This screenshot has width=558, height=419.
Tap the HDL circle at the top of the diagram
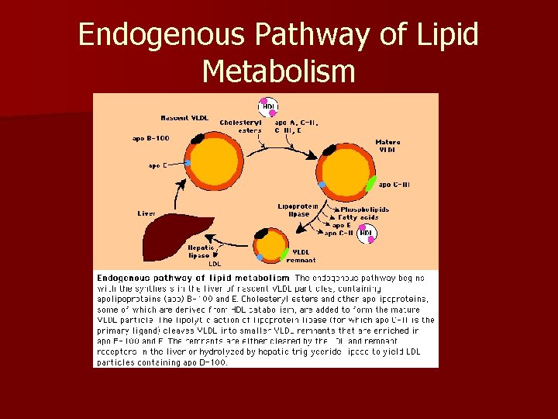tap(268, 106)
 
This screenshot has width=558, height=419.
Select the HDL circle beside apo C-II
tap(367, 232)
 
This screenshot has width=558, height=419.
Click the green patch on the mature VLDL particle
tap(371, 184)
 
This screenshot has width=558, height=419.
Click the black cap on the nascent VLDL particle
tap(198, 139)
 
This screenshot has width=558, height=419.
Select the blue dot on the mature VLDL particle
tap(322, 184)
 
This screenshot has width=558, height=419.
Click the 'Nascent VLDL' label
tap(184, 118)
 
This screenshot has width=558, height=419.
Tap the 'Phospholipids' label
tap(364, 209)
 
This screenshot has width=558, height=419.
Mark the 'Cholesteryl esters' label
tap(239, 126)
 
